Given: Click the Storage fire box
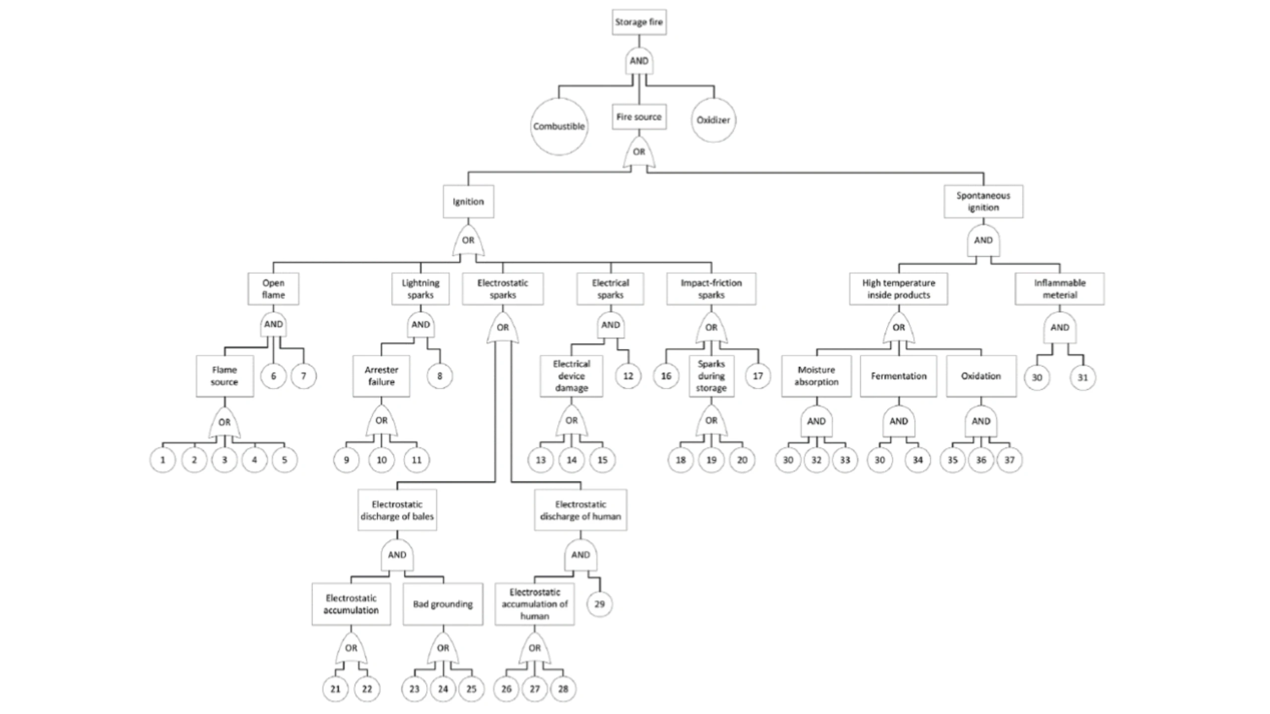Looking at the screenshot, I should pyautogui.click(x=639, y=22).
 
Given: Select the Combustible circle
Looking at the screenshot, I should pyautogui.click(x=559, y=126).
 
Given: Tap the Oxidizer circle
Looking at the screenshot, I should pyautogui.click(x=713, y=120).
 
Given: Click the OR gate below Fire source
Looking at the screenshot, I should pyautogui.click(x=639, y=152).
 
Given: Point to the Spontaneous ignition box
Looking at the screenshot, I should pyautogui.click(x=983, y=202).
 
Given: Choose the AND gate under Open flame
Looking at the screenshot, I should pyautogui.click(x=273, y=325).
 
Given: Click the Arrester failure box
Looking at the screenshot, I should pyautogui.click(x=381, y=376).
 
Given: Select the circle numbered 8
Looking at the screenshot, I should pyautogui.click(x=440, y=376).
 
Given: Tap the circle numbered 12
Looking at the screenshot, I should pyautogui.click(x=628, y=376).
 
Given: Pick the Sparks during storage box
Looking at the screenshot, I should pyautogui.click(x=711, y=376).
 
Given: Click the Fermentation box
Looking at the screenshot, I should pyautogui.click(x=898, y=376).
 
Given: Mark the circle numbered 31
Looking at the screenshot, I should pyautogui.click(x=1082, y=377).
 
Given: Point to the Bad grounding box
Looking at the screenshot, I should pyautogui.click(x=443, y=604).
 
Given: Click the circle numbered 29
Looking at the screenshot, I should pyautogui.click(x=599, y=604).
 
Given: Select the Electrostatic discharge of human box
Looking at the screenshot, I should pyautogui.click(x=580, y=510).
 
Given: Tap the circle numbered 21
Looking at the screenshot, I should pyautogui.click(x=335, y=689).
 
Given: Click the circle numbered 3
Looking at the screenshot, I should pyautogui.click(x=224, y=460).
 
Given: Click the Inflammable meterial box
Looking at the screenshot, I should pyautogui.click(x=1060, y=289).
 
